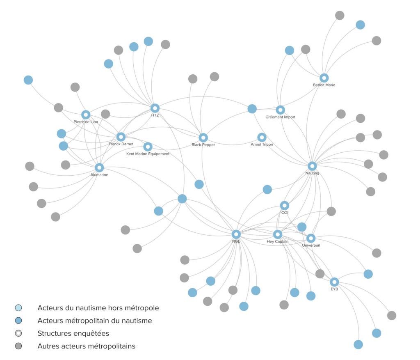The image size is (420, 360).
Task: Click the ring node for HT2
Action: pyautogui.click(x=155, y=108)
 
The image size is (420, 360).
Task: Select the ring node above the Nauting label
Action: pyautogui.click(x=312, y=166)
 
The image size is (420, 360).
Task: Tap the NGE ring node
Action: pyautogui.click(x=236, y=234)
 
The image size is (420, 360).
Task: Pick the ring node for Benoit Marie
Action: pyautogui.click(x=324, y=78)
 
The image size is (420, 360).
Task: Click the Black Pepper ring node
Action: pyautogui.click(x=203, y=138)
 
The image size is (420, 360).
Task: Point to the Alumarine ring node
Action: pyautogui.click(x=99, y=167)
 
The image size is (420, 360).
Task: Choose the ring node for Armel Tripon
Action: pyautogui.click(x=262, y=137)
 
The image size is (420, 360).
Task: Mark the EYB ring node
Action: pyautogui.click(x=334, y=282)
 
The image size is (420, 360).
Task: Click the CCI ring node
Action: pyautogui.click(x=284, y=205)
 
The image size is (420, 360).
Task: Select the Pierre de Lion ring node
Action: pyautogui.click(x=86, y=115)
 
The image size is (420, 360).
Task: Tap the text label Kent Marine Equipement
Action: pyautogui.click(x=148, y=154)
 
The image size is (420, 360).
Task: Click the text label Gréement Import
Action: pyautogui.click(x=280, y=117)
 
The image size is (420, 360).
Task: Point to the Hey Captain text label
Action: pyautogui.click(x=278, y=242)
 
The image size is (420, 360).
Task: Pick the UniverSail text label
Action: pyautogui.click(x=310, y=245)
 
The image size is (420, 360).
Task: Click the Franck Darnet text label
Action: pyautogui.click(x=121, y=144)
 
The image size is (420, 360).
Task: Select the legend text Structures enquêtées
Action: pyautogui.click(x=73, y=333)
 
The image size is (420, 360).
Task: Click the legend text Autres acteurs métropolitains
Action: pyautogui.click(x=86, y=346)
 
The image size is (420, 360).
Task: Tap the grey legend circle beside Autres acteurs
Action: pyautogui.click(x=18, y=346)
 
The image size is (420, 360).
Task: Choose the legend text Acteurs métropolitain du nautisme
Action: pyautogui.click(x=95, y=320)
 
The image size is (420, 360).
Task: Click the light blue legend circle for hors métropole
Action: pyautogui.click(x=18, y=307)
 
